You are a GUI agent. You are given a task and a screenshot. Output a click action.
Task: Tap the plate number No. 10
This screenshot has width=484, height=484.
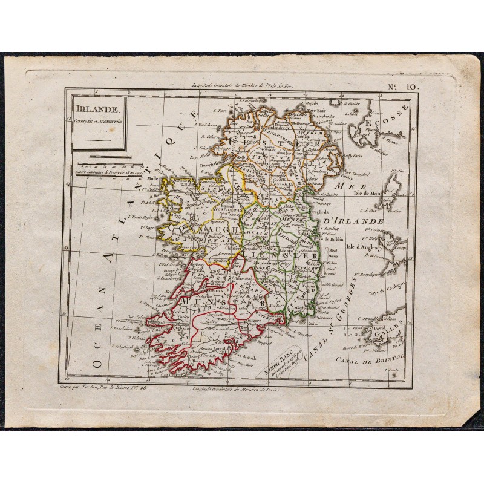click(403, 87)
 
